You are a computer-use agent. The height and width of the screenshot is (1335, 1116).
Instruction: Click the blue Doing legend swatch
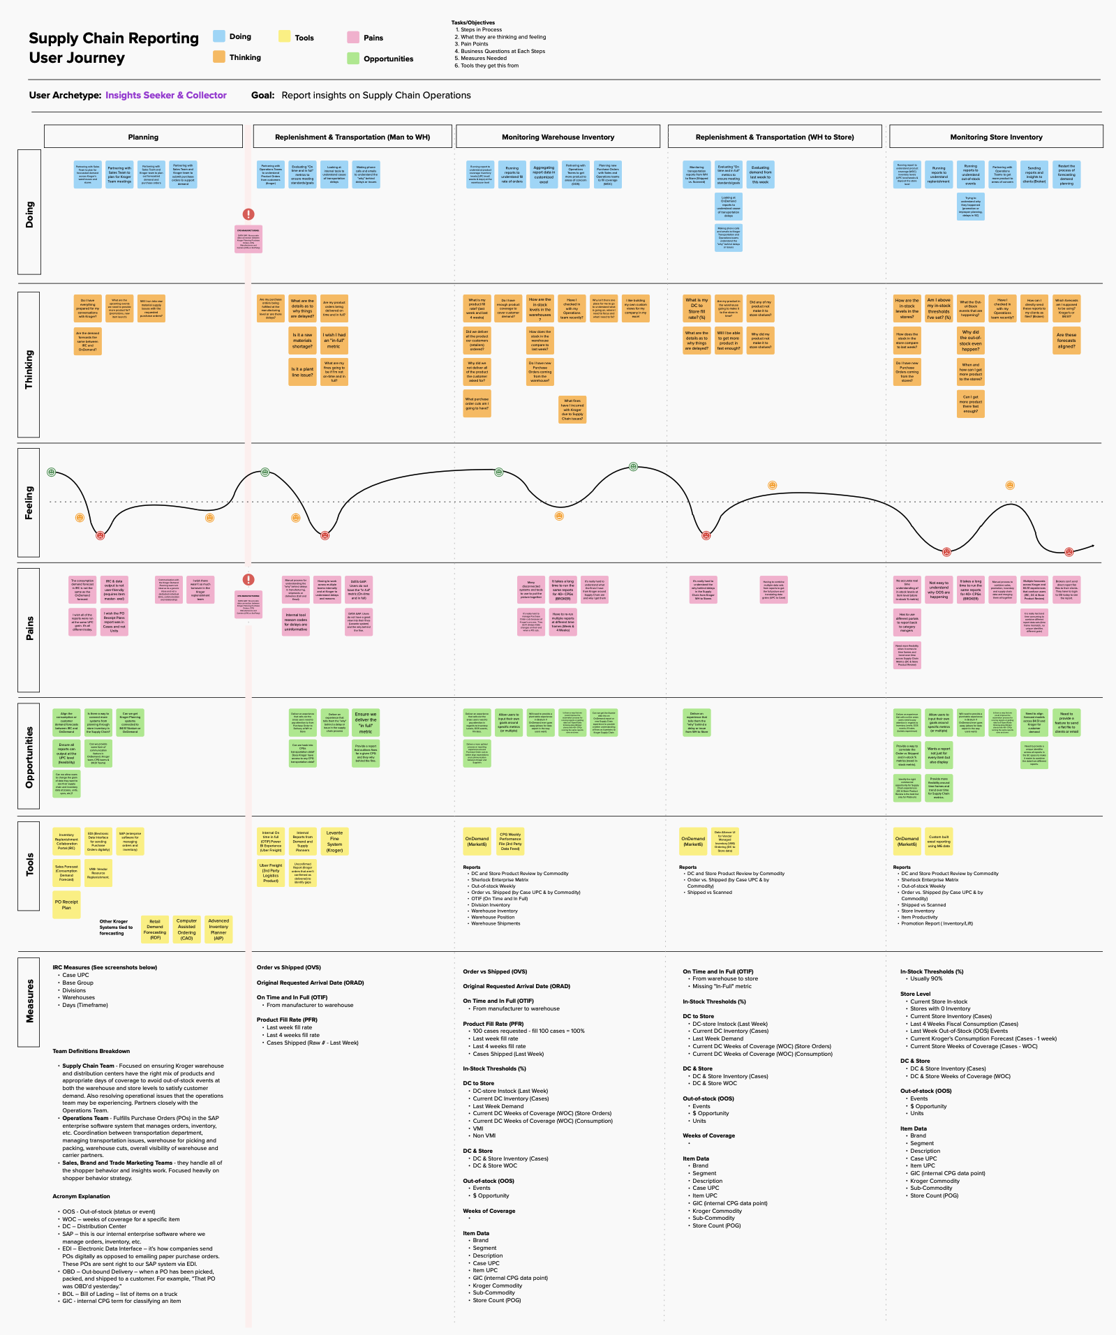coord(219,36)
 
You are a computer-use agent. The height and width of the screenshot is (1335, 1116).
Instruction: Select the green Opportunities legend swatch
coord(353,59)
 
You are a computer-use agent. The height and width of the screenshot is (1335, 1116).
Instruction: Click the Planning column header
coord(143,137)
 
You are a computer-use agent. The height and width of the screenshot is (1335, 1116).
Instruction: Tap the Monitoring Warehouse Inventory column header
coord(558,137)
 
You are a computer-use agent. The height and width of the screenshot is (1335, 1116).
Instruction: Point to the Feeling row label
coord(29,503)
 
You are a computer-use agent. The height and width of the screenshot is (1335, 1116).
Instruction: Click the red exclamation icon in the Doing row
coord(248,214)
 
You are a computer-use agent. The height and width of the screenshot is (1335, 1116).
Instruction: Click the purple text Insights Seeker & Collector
coord(166,96)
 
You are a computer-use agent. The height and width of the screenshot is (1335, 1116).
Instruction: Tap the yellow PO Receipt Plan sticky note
coord(66,904)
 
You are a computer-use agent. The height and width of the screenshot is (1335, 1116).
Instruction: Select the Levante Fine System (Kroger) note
coord(334,841)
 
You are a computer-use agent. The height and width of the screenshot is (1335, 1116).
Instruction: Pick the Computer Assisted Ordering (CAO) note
coord(186,930)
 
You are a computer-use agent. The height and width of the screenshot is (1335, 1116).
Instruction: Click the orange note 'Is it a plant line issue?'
coord(302,372)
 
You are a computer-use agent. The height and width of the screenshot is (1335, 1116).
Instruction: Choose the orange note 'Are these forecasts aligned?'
coord(1066,341)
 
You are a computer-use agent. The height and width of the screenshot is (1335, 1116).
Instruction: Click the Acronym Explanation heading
coord(81,1196)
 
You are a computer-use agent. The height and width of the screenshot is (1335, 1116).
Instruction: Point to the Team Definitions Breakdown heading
coord(91,1051)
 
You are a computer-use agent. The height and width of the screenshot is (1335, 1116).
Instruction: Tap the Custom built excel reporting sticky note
coord(939,841)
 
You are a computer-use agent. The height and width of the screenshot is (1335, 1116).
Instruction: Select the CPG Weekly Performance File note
coord(510,841)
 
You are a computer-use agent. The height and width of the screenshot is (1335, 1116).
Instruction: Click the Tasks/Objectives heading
coord(473,23)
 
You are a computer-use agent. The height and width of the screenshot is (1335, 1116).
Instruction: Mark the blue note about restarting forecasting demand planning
coord(1066,174)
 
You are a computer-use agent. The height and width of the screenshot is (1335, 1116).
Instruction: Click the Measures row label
coord(29,1001)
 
